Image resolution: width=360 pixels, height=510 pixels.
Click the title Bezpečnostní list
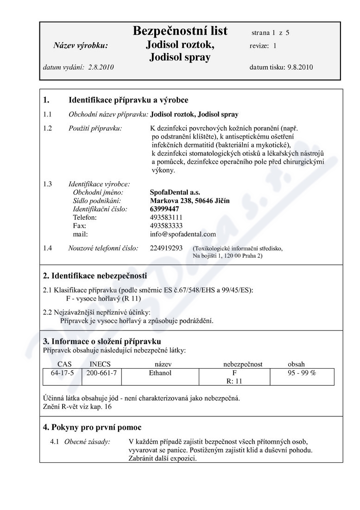(180, 31)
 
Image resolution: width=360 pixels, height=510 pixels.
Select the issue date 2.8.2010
(100, 67)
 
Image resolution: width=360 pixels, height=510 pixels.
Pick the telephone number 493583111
(166, 217)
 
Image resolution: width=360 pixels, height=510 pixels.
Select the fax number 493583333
(166, 226)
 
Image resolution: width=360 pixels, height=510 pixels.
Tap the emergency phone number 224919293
(166, 249)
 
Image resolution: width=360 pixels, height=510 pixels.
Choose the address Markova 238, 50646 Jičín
(190, 201)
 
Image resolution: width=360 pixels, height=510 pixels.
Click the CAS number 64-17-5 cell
(62, 373)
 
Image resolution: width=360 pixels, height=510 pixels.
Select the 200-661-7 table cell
(101, 373)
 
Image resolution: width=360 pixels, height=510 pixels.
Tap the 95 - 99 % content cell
(302, 373)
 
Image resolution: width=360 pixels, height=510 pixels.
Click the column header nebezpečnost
(243, 364)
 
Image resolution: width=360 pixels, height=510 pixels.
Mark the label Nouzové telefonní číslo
(103, 249)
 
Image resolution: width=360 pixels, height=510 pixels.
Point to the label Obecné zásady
(87, 442)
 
